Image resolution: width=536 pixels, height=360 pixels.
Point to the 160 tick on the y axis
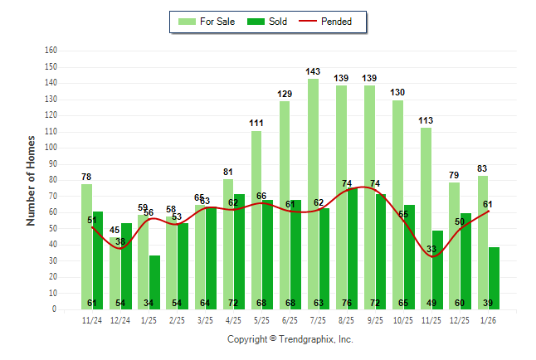point(51,51)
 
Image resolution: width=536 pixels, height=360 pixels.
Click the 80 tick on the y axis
point(52,180)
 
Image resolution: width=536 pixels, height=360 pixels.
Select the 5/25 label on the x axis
point(261,319)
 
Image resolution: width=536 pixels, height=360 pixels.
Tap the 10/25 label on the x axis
point(403,319)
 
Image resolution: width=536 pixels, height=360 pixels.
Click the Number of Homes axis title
point(31,180)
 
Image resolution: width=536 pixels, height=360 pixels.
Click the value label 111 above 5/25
point(256,124)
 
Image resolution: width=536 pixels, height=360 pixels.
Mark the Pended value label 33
point(431,249)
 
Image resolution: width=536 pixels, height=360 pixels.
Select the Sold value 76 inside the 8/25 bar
point(347,303)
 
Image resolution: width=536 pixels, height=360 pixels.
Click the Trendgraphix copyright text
point(290,339)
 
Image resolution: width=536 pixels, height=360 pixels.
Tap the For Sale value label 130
point(398,93)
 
